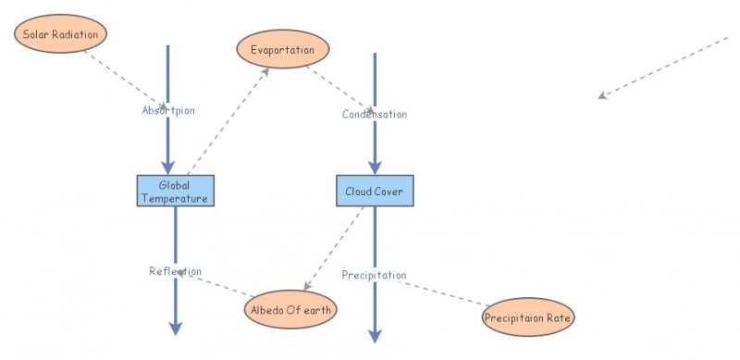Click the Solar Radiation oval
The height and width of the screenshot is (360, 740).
61,34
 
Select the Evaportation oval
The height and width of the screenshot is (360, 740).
283,49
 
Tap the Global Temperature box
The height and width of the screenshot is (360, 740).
175,191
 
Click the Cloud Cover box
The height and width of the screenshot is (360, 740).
374,191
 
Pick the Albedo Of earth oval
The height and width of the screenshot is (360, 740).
290,308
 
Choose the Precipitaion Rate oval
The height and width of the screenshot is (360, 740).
529,317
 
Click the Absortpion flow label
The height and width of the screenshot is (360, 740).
168,110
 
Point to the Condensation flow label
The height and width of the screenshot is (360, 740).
374,114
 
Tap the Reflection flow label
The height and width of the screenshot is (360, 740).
175,271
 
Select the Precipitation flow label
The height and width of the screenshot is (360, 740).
374,275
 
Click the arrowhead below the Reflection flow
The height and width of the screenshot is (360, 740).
175,328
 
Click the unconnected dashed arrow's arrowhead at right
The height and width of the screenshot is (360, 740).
602,94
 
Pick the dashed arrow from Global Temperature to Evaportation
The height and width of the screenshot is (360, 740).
227,120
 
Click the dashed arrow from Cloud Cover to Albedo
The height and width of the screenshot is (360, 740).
335,248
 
